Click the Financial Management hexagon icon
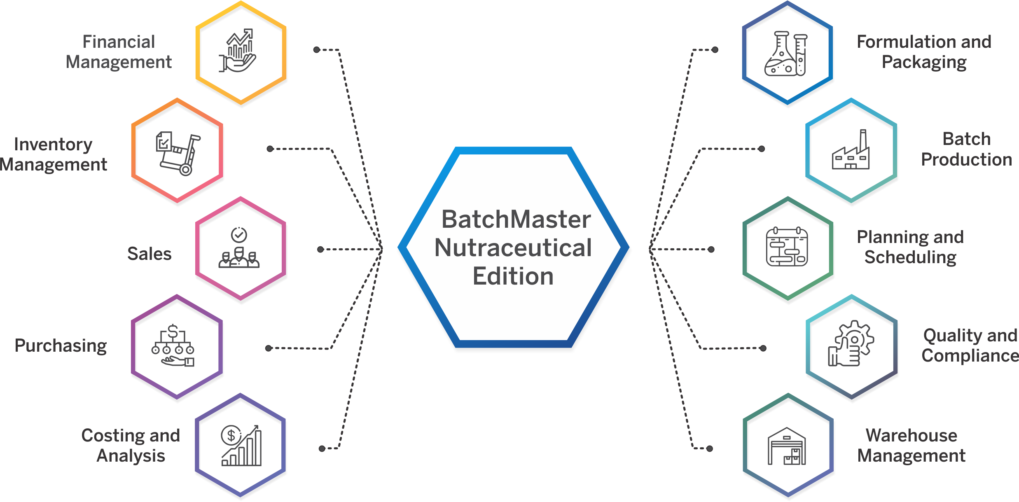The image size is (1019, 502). click(x=238, y=50)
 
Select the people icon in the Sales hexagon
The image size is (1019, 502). click(x=239, y=247)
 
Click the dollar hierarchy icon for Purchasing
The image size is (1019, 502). click(x=173, y=345)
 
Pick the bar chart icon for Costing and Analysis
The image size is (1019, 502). click(x=241, y=446)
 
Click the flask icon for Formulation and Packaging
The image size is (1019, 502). click(x=786, y=54)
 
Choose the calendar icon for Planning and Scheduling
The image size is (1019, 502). click(x=787, y=247)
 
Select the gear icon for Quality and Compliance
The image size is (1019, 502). click(x=851, y=343)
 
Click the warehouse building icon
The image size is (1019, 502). click(x=787, y=446)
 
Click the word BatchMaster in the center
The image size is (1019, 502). click(x=516, y=219)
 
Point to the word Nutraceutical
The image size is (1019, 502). click(x=513, y=247)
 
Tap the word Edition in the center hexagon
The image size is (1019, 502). click(x=513, y=276)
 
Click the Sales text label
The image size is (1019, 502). click(x=149, y=254)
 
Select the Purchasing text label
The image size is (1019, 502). click(x=61, y=346)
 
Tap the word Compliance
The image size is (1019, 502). click(x=970, y=355)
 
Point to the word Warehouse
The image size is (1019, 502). click(x=911, y=435)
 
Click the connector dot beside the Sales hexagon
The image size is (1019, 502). click(x=320, y=249)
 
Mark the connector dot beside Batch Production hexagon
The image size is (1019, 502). click(x=762, y=149)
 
